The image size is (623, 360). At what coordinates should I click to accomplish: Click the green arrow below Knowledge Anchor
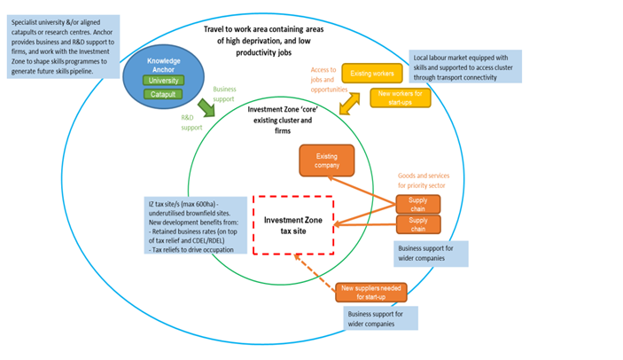click(x=206, y=107)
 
